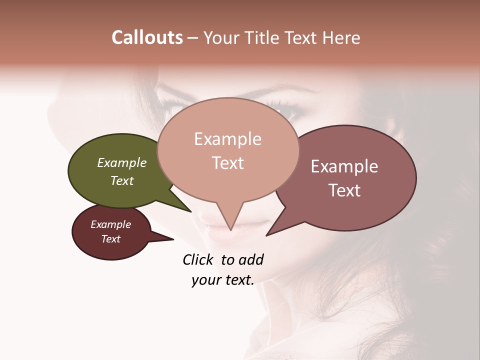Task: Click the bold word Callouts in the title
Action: pyautogui.click(x=147, y=37)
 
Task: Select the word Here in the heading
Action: pyautogui.click(x=341, y=37)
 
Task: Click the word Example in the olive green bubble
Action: pyautogui.click(x=121, y=162)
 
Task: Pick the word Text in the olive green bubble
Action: pyautogui.click(x=121, y=180)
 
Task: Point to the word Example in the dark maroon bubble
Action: pyautogui.click(x=110, y=224)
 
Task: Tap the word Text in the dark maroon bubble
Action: pyautogui.click(x=110, y=239)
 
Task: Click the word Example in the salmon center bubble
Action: pyautogui.click(x=227, y=139)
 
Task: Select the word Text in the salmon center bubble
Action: pyautogui.click(x=227, y=163)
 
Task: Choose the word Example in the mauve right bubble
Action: pyautogui.click(x=344, y=166)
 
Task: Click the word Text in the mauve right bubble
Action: pyautogui.click(x=344, y=190)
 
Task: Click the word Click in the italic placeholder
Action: pyautogui.click(x=199, y=259)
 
